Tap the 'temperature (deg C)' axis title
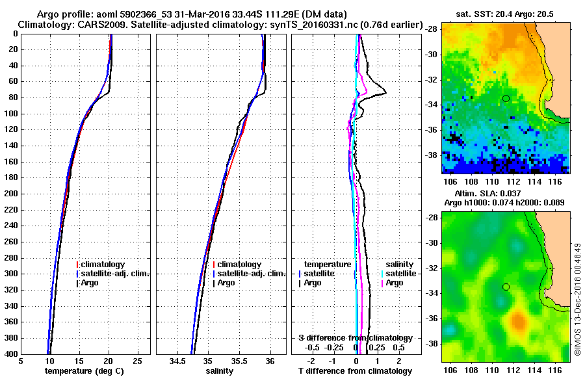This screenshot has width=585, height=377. [84, 371]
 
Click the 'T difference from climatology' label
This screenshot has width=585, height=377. [355, 371]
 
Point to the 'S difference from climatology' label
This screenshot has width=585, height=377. [355, 338]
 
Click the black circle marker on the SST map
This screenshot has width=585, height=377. [506, 98]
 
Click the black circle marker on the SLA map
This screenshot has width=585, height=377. [506, 287]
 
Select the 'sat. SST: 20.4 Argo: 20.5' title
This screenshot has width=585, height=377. [506, 13]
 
